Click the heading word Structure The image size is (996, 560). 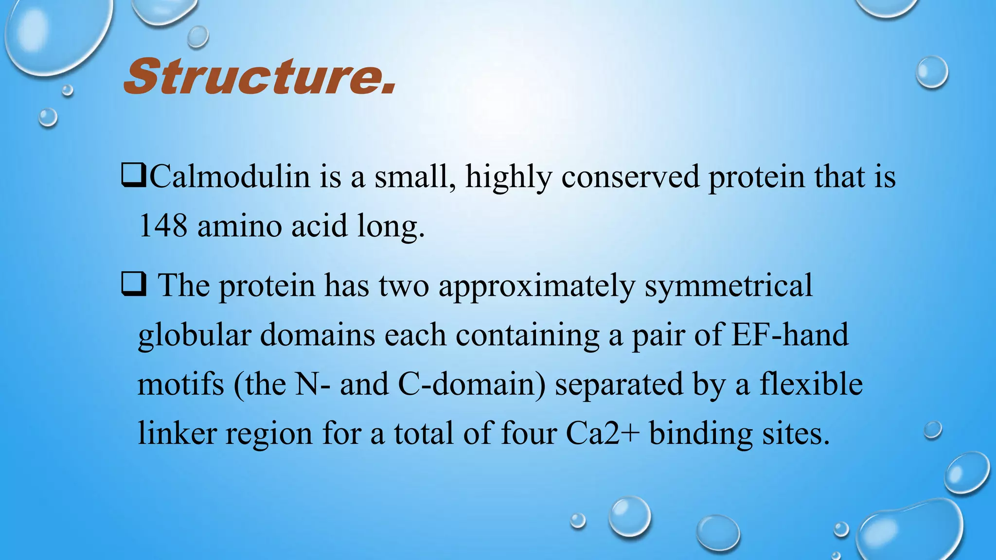click(259, 77)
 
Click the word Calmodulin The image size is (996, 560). click(230, 177)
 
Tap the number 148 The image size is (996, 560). click(162, 226)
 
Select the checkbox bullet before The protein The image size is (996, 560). click(133, 286)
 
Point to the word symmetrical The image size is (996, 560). click(728, 286)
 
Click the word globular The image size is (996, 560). click(194, 335)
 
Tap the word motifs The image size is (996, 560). click(180, 385)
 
